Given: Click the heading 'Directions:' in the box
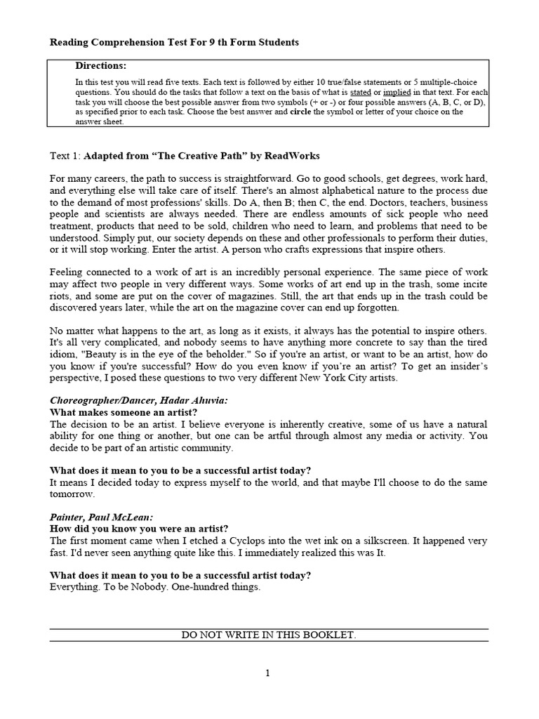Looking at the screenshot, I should pyautogui.click(x=101, y=66).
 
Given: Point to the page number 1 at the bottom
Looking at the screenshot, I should pyautogui.click(x=267, y=673).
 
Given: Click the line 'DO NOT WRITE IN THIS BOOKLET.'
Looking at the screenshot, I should pyautogui.click(x=269, y=635).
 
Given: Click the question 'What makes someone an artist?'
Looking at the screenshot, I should pyautogui.click(x=124, y=411).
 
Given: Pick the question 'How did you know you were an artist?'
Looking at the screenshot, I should pyautogui.click(x=139, y=528).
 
